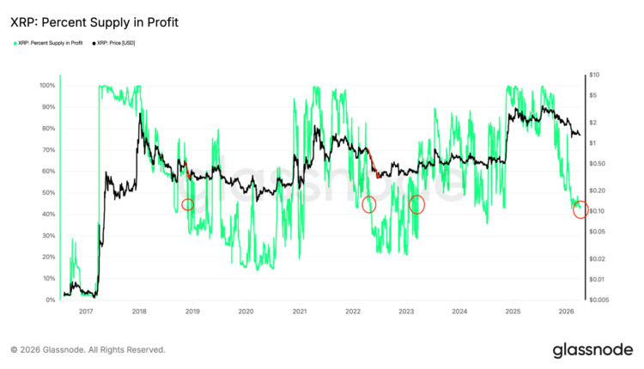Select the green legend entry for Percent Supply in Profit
[x=48, y=42]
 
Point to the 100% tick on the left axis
[x=46, y=86]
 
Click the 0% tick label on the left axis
[x=50, y=300]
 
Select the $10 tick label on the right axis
[x=593, y=76]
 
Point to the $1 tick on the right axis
[x=592, y=142]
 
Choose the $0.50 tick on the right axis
[x=595, y=163]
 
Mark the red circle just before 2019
[x=188, y=204]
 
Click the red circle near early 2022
[x=369, y=204]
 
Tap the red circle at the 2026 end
[x=580, y=209]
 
